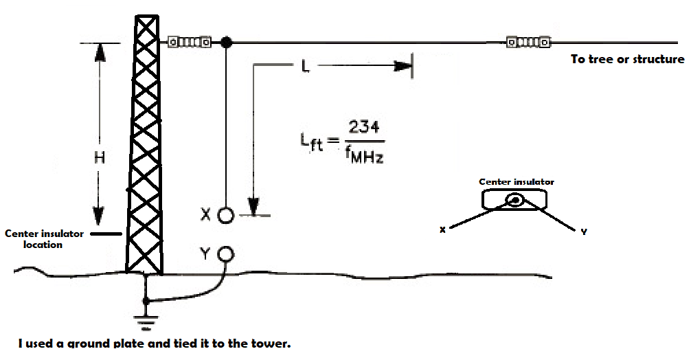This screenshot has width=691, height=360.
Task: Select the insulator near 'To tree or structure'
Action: tap(528, 43)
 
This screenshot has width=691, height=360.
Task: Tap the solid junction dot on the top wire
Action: tap(225, 43)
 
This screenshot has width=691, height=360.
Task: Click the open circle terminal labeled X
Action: tap(225, 216)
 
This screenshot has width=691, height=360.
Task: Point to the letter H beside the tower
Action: tap(99, 157)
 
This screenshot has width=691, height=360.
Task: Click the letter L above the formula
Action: tap(306, 67)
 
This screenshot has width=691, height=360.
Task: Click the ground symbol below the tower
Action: tap(146, 319)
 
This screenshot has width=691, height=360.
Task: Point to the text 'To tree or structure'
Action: tap(627, 60)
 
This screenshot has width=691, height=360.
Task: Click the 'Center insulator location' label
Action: tap(44, 239)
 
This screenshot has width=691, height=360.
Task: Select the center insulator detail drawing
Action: tap(515, 200)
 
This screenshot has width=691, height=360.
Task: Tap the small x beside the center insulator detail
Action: tap(443, 231)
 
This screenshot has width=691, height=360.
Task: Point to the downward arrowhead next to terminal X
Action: tap(254, 206)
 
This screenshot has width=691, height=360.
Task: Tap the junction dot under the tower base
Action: tap(146, 301)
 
